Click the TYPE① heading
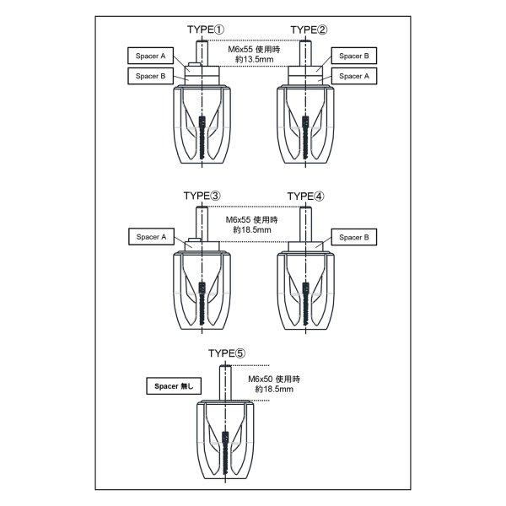point(205,30)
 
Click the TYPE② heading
point(310,30)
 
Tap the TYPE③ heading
point(202,196)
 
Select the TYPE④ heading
point(306,196)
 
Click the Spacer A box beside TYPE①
point(149,56)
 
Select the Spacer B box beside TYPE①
point(149,75)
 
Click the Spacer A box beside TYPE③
point(149,238)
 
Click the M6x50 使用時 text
point(276,379)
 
